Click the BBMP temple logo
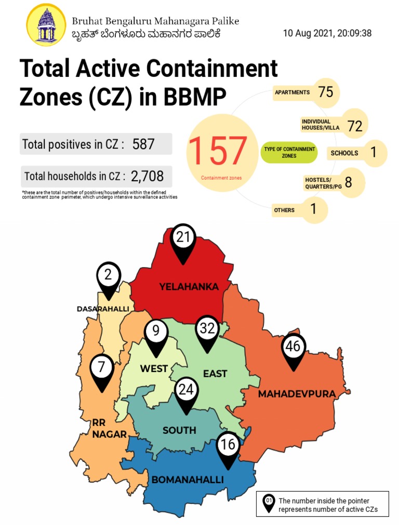(46, 25)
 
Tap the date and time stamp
(327, 34)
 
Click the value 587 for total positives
(143, 144)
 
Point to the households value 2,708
(147, 177)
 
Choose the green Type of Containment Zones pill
(290, 152)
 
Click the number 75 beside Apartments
(326, 92)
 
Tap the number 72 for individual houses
(355, 125)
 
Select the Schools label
(344, 153)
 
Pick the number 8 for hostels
(348, 182)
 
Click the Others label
(284, 210)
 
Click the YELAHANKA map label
(189, 287)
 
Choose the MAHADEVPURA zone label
(297, 394)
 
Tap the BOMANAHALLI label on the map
(188, 480)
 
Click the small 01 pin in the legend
(269, 503)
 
